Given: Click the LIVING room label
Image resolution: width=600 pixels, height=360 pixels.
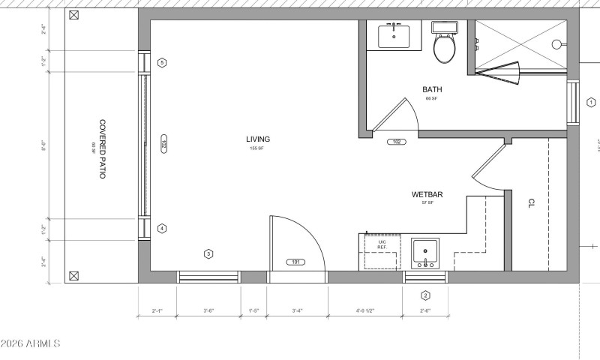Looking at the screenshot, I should click(x=257, y=139).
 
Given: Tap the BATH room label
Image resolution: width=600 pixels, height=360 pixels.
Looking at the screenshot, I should click(x=432, y=89).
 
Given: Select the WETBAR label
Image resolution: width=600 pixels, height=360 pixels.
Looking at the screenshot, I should click(x=427, y=195).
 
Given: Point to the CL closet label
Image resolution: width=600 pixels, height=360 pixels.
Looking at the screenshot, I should click(x=531, y=203).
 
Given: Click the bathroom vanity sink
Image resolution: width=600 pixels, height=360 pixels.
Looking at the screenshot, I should click(x=394, y=35).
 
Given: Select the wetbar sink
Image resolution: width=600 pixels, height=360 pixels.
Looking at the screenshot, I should click(x=426, y=253).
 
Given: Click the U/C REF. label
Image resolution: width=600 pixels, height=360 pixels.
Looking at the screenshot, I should click(x=382, y=244).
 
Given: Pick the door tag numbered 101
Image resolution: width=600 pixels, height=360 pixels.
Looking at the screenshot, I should click(x=295, y=262).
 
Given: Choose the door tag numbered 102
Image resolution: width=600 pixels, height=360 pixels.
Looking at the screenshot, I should click(x=396, y=142).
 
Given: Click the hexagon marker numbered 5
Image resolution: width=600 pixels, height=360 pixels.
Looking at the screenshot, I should click(x=162, y=62).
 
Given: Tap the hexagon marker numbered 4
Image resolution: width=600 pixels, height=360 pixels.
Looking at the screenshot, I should click(x=162, y=229).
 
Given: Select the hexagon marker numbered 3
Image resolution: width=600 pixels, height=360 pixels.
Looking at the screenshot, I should click(x=208, y=253).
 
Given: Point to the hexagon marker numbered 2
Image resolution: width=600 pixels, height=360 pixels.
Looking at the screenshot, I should click(x=425, y=295).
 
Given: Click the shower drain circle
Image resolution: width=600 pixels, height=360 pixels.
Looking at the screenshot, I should click(x=557, y=44).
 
